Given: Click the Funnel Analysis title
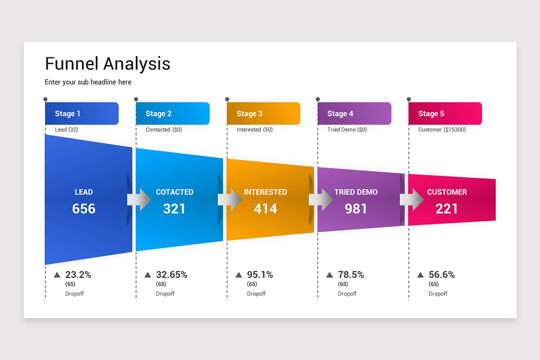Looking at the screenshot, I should coord(108,63).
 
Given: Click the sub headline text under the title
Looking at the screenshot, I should coord(88,82).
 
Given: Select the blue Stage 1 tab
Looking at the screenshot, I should coord(82,113).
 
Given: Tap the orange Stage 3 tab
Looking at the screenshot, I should coord(263,113).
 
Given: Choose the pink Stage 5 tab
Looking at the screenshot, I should coord(445,113).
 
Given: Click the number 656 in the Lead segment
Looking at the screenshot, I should coord(84,209).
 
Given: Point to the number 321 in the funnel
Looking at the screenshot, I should coord(174,209).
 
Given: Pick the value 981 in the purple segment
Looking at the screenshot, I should coord(356,209).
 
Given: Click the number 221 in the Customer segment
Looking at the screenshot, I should coord(446,209).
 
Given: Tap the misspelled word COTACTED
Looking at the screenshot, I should coord(174,192).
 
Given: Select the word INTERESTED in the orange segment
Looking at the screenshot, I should coord(265,192).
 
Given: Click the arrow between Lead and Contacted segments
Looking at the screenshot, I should coord(139,199).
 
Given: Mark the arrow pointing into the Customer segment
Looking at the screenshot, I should coord(412,199).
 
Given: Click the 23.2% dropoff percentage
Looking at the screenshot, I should coord(78,274).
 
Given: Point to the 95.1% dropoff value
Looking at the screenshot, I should coord(260,274).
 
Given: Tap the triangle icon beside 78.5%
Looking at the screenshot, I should coord(329,275).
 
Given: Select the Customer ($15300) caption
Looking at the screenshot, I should coord(441,130).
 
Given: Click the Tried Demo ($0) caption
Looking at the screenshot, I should coord(346,130).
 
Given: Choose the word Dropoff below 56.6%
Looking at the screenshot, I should coord(438,293).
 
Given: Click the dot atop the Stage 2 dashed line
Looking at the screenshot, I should coord(136,99).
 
